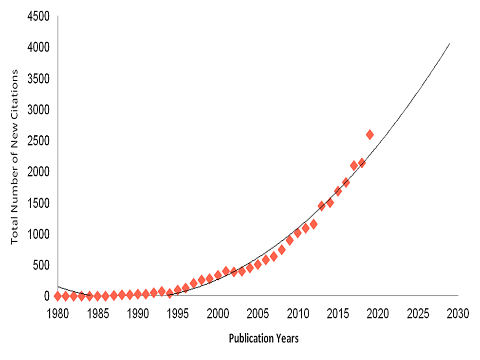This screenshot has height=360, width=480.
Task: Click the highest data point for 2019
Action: click(x=369, y=135)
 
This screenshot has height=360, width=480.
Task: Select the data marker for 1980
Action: click(x=58, y=296)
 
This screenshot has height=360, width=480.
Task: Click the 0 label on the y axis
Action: click(x=46, y=296)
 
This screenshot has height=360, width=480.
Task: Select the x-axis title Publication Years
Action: click(x=263, y=339)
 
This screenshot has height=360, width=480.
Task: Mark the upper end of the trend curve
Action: click(x=449, y=43)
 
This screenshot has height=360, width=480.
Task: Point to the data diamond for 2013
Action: click(x=321, y=206)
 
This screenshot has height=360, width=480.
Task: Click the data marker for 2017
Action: click(x=354, y=165)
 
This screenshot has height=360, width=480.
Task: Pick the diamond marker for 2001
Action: click(x=226, y=271)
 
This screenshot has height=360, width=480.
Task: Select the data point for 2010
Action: click(x=297, y=233)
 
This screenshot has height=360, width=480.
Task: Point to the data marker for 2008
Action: click(x=281, y=250)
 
